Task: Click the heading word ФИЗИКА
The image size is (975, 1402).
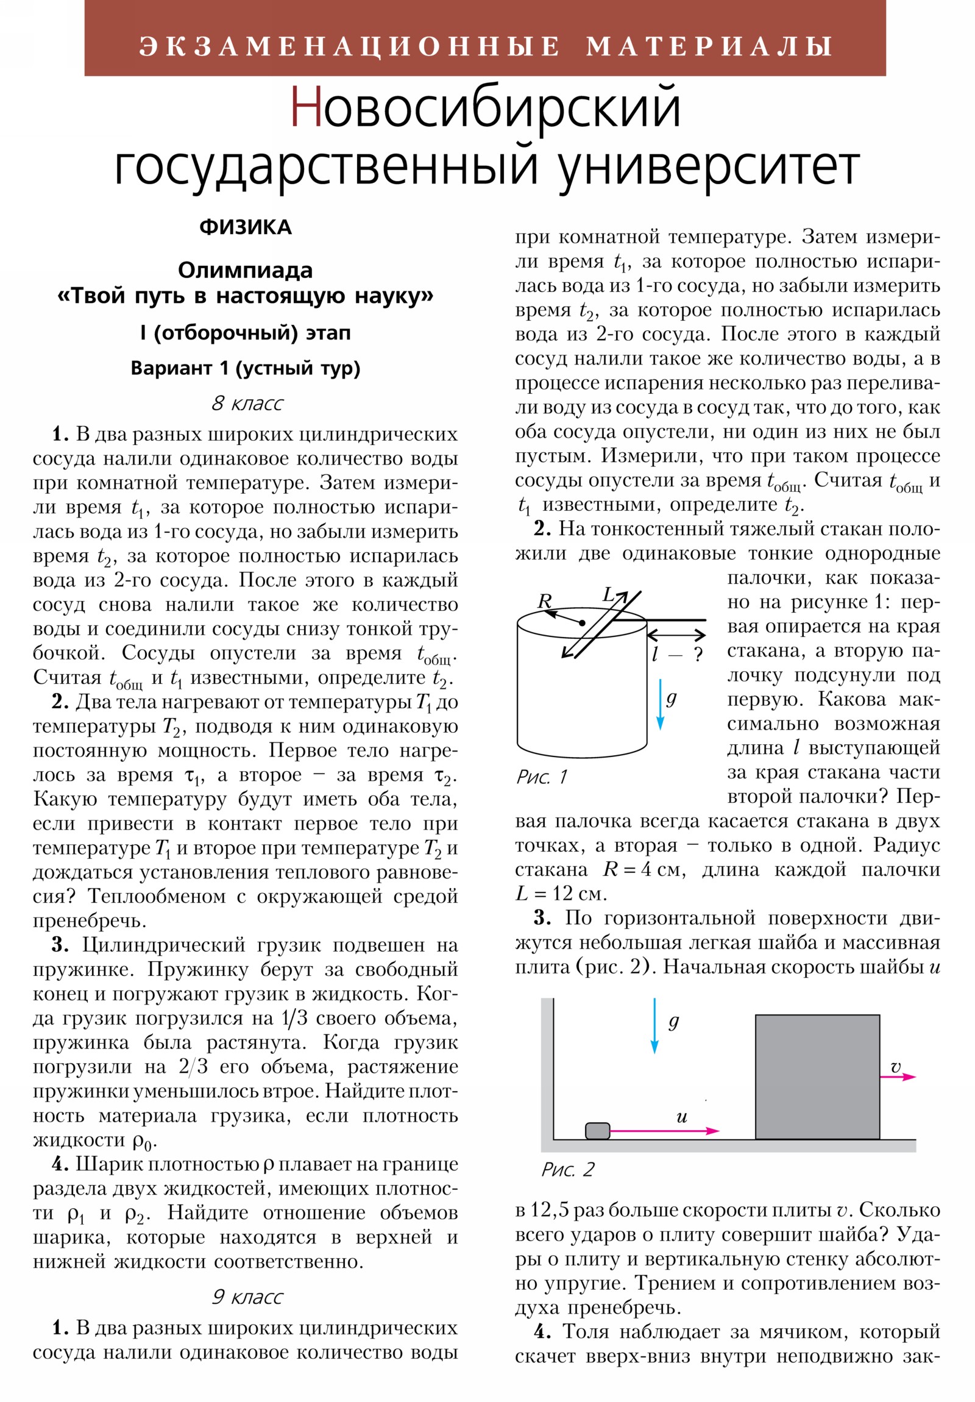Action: tap(246, 227)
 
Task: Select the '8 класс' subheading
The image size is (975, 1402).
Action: tap(247, 403)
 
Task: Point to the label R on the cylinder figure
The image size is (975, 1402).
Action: tap(544, 601)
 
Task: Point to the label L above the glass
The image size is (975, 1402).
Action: tap(609, 595)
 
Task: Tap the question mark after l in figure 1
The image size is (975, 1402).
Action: tap(698, 655)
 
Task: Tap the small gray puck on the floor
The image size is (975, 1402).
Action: tap(597, 1131)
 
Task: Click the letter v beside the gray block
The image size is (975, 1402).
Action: tap(895, 1067)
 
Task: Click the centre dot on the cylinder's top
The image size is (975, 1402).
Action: tap(583, 623)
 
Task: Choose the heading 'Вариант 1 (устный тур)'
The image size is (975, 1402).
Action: tap(246, 368)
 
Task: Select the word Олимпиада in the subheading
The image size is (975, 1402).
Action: tap(246, 270)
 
